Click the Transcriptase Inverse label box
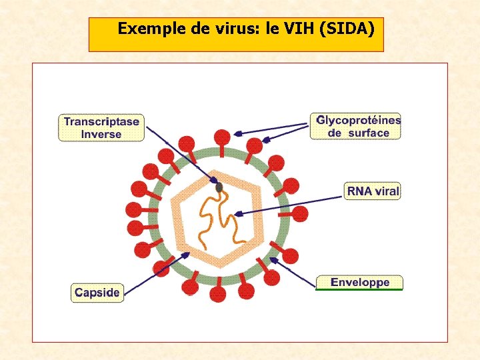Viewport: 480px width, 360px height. [x=101, y=127]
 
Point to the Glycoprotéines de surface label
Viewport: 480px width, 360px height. [x=357, y=127]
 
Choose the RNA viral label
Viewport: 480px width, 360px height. [x=373, y=191]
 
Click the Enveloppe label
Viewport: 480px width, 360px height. [x=360, y=282]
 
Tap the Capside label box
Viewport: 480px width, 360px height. [x=97, y=293]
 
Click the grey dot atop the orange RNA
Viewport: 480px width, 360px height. [x=219, y=188]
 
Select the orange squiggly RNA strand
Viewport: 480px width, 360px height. [x=219, y=213]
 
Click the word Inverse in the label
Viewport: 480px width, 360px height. [x=101, y=134]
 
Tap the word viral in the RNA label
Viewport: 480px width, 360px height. [x=387, y=191]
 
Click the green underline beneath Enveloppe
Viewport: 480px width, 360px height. [x=360, y=290]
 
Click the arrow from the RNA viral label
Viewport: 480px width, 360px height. [x=290, y=203]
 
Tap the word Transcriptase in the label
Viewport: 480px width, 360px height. [x=101, y=121]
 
